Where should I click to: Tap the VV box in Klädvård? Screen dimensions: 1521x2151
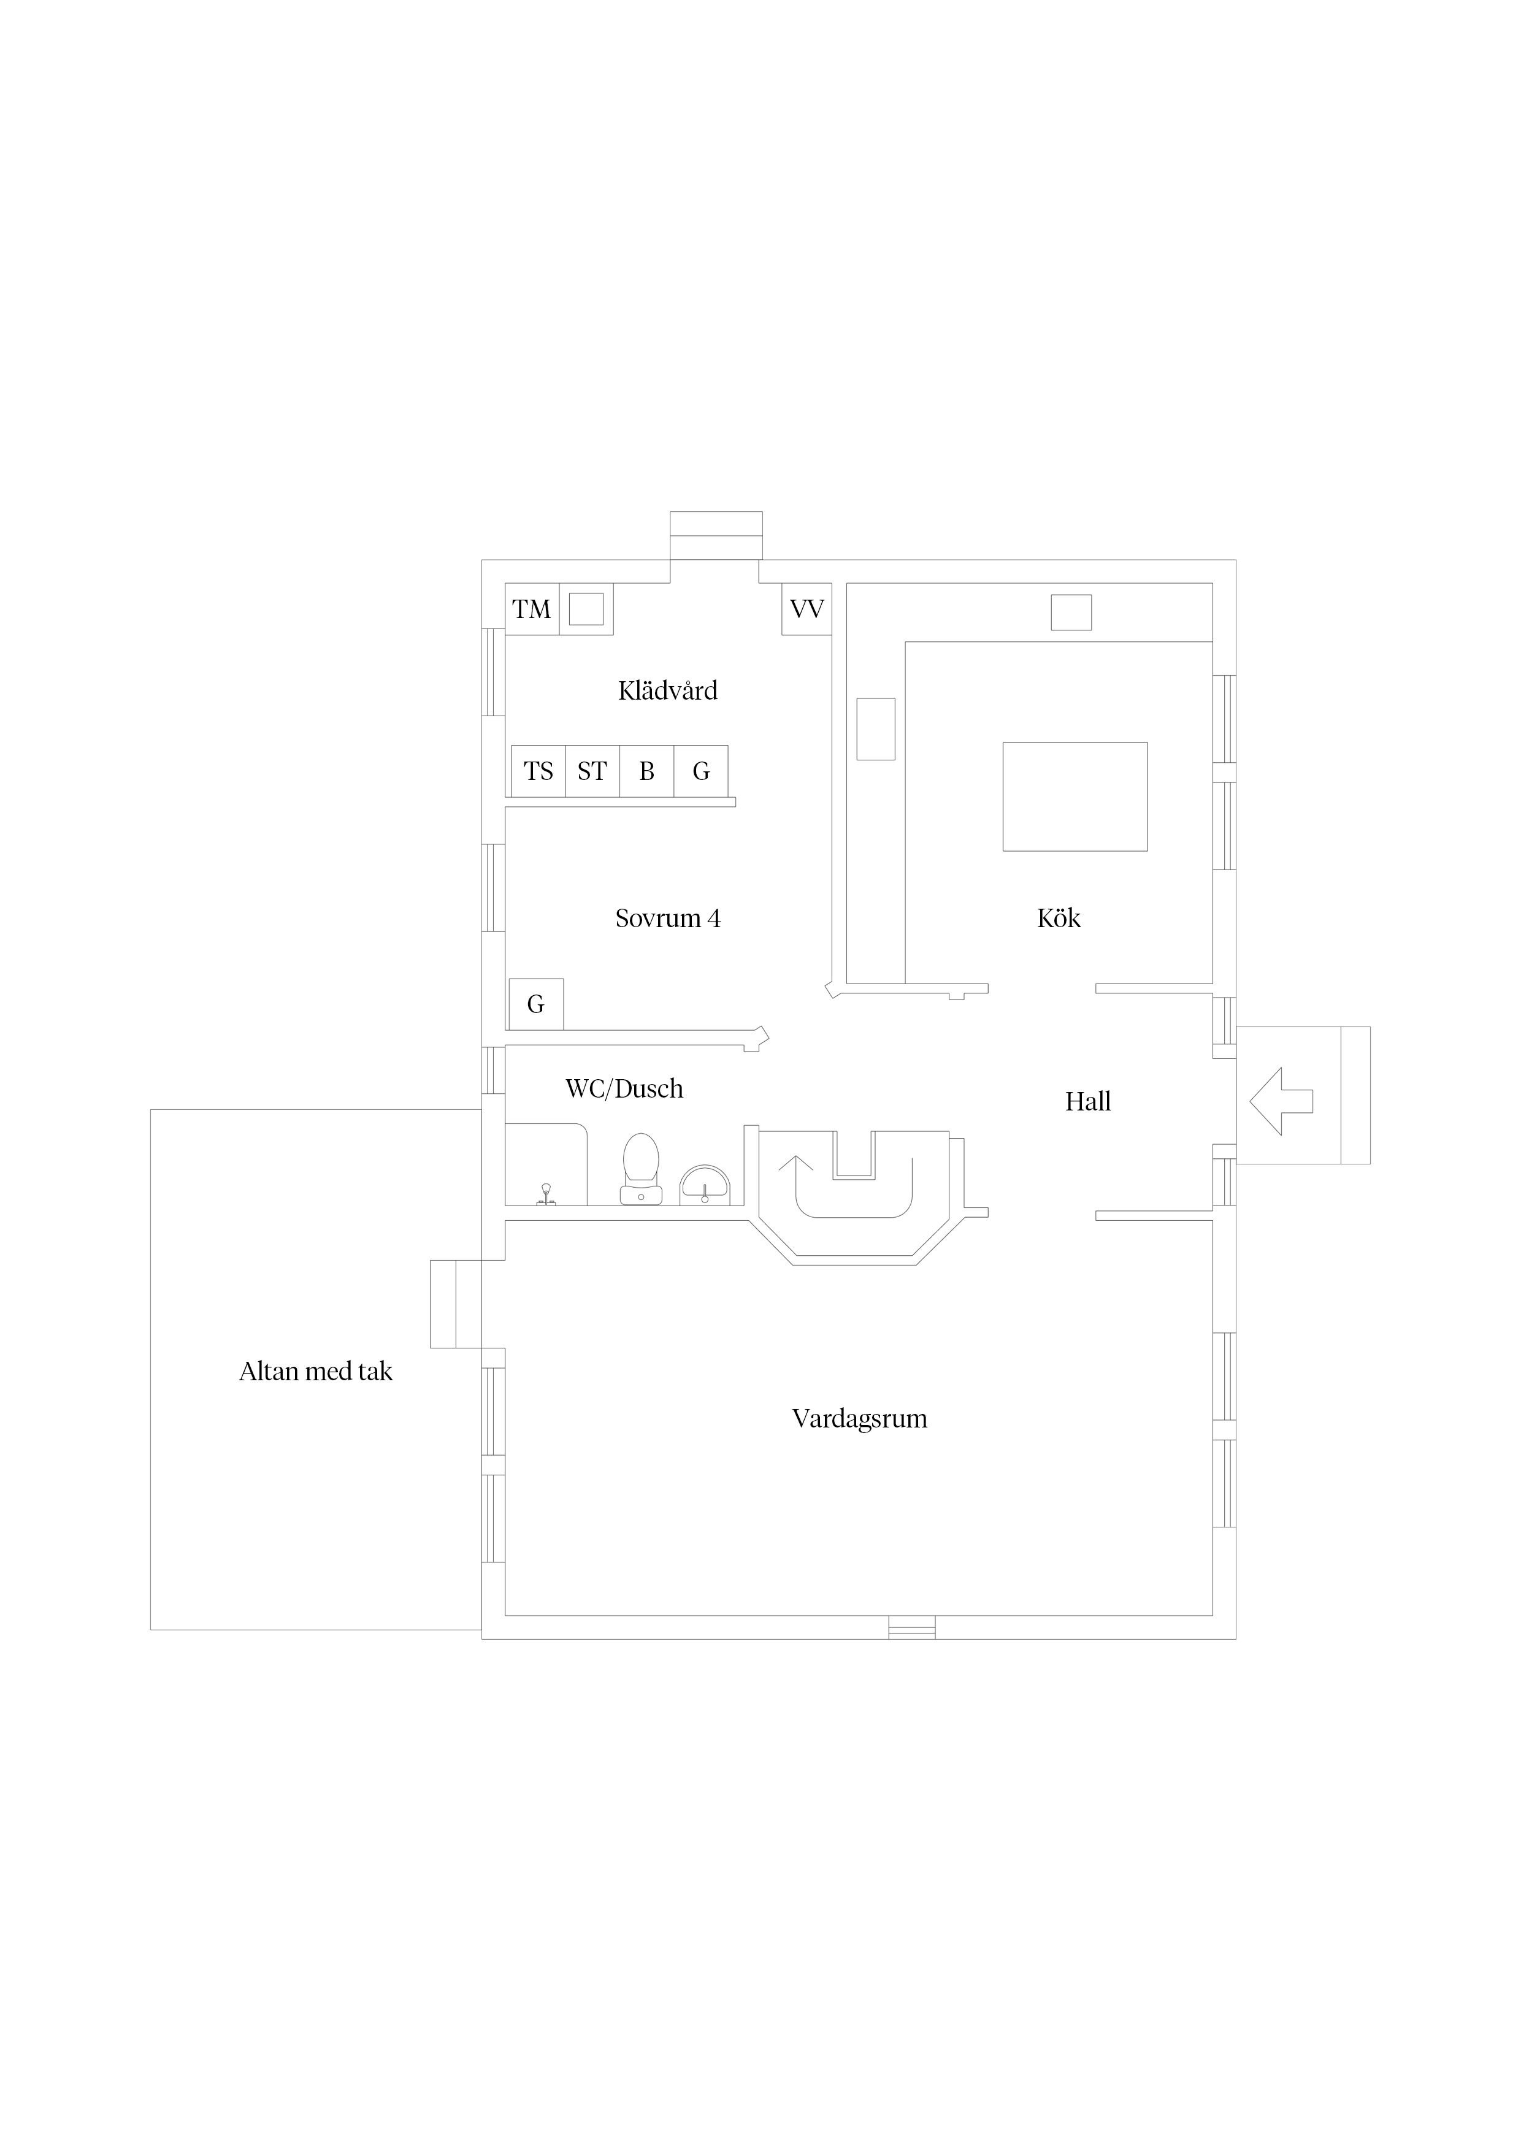(x=807, y=609)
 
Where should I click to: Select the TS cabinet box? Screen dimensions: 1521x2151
(x=539, y=771)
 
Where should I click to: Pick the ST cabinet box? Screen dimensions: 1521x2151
(x=592, y=771)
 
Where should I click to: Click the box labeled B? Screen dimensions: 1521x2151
(x=646, y=771)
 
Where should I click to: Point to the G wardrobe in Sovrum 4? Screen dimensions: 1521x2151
(x=536, y=1004)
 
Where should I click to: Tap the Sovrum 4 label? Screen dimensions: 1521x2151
(x=668, y=918)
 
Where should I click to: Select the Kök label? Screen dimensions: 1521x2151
(x=1059, y=917)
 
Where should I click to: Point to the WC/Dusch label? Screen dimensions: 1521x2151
(x=624, y=1088)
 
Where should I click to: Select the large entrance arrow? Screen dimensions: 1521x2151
(x=1281, y=1102)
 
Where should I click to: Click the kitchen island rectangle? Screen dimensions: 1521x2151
(x=1075, y=797)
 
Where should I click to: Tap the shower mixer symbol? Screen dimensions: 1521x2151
(x=545, y=1194)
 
